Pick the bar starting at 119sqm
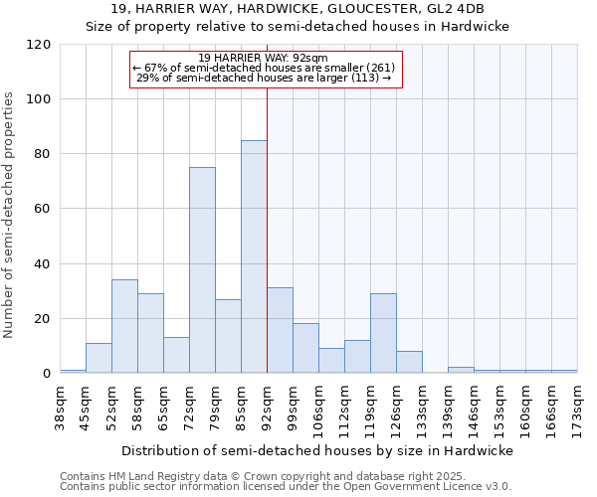[383, 333]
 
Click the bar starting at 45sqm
[99, 358]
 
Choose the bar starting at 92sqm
[280, 331]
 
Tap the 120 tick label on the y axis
[39, 45]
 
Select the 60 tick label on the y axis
[43, 209]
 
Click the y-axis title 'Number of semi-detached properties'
[10, 215]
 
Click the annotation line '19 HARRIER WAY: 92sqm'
[264, 58]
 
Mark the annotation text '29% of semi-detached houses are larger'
[264, 78]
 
